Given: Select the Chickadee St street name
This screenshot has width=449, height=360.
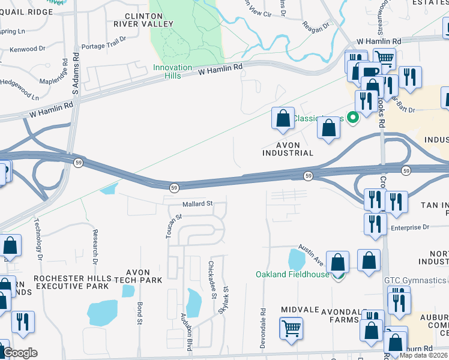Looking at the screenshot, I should [211, 280].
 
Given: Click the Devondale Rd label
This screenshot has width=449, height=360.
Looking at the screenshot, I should [263, 325].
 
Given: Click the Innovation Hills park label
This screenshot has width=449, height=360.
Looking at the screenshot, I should [172, 71].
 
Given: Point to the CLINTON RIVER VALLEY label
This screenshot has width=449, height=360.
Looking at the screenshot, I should [148, 19].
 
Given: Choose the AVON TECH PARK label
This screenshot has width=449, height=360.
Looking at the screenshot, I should [133, 277].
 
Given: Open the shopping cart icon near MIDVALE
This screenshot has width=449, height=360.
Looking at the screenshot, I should [291, 328].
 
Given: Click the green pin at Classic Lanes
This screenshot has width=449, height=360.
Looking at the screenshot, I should [354, 118].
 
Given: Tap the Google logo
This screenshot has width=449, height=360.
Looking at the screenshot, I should [20, 353].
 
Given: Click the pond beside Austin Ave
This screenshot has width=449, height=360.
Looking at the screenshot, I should [297, 259].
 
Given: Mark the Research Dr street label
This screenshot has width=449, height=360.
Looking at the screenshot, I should [95, 247].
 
